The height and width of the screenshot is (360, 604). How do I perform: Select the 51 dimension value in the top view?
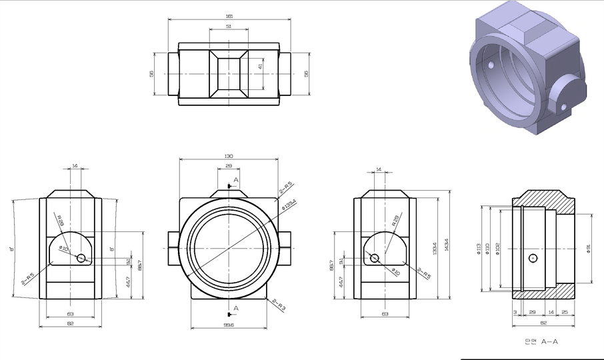point(229,27)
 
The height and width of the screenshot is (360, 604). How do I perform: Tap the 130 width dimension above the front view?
point(229,156)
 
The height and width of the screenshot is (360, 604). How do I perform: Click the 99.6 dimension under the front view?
point(229,325)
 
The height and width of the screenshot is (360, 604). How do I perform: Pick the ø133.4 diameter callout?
point(288,205)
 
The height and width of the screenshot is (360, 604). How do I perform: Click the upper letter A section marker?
point(236,181)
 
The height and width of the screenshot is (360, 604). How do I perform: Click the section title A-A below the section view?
point(549,341)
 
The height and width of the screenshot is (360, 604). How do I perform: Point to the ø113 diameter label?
point(479,249)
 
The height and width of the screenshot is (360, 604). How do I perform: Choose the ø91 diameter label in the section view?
point(588,249)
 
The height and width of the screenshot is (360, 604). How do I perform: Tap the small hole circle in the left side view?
point(81,258)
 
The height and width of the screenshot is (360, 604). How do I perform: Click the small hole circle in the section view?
point(532,258)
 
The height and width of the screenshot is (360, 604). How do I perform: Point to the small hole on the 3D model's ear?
point(563,107)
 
